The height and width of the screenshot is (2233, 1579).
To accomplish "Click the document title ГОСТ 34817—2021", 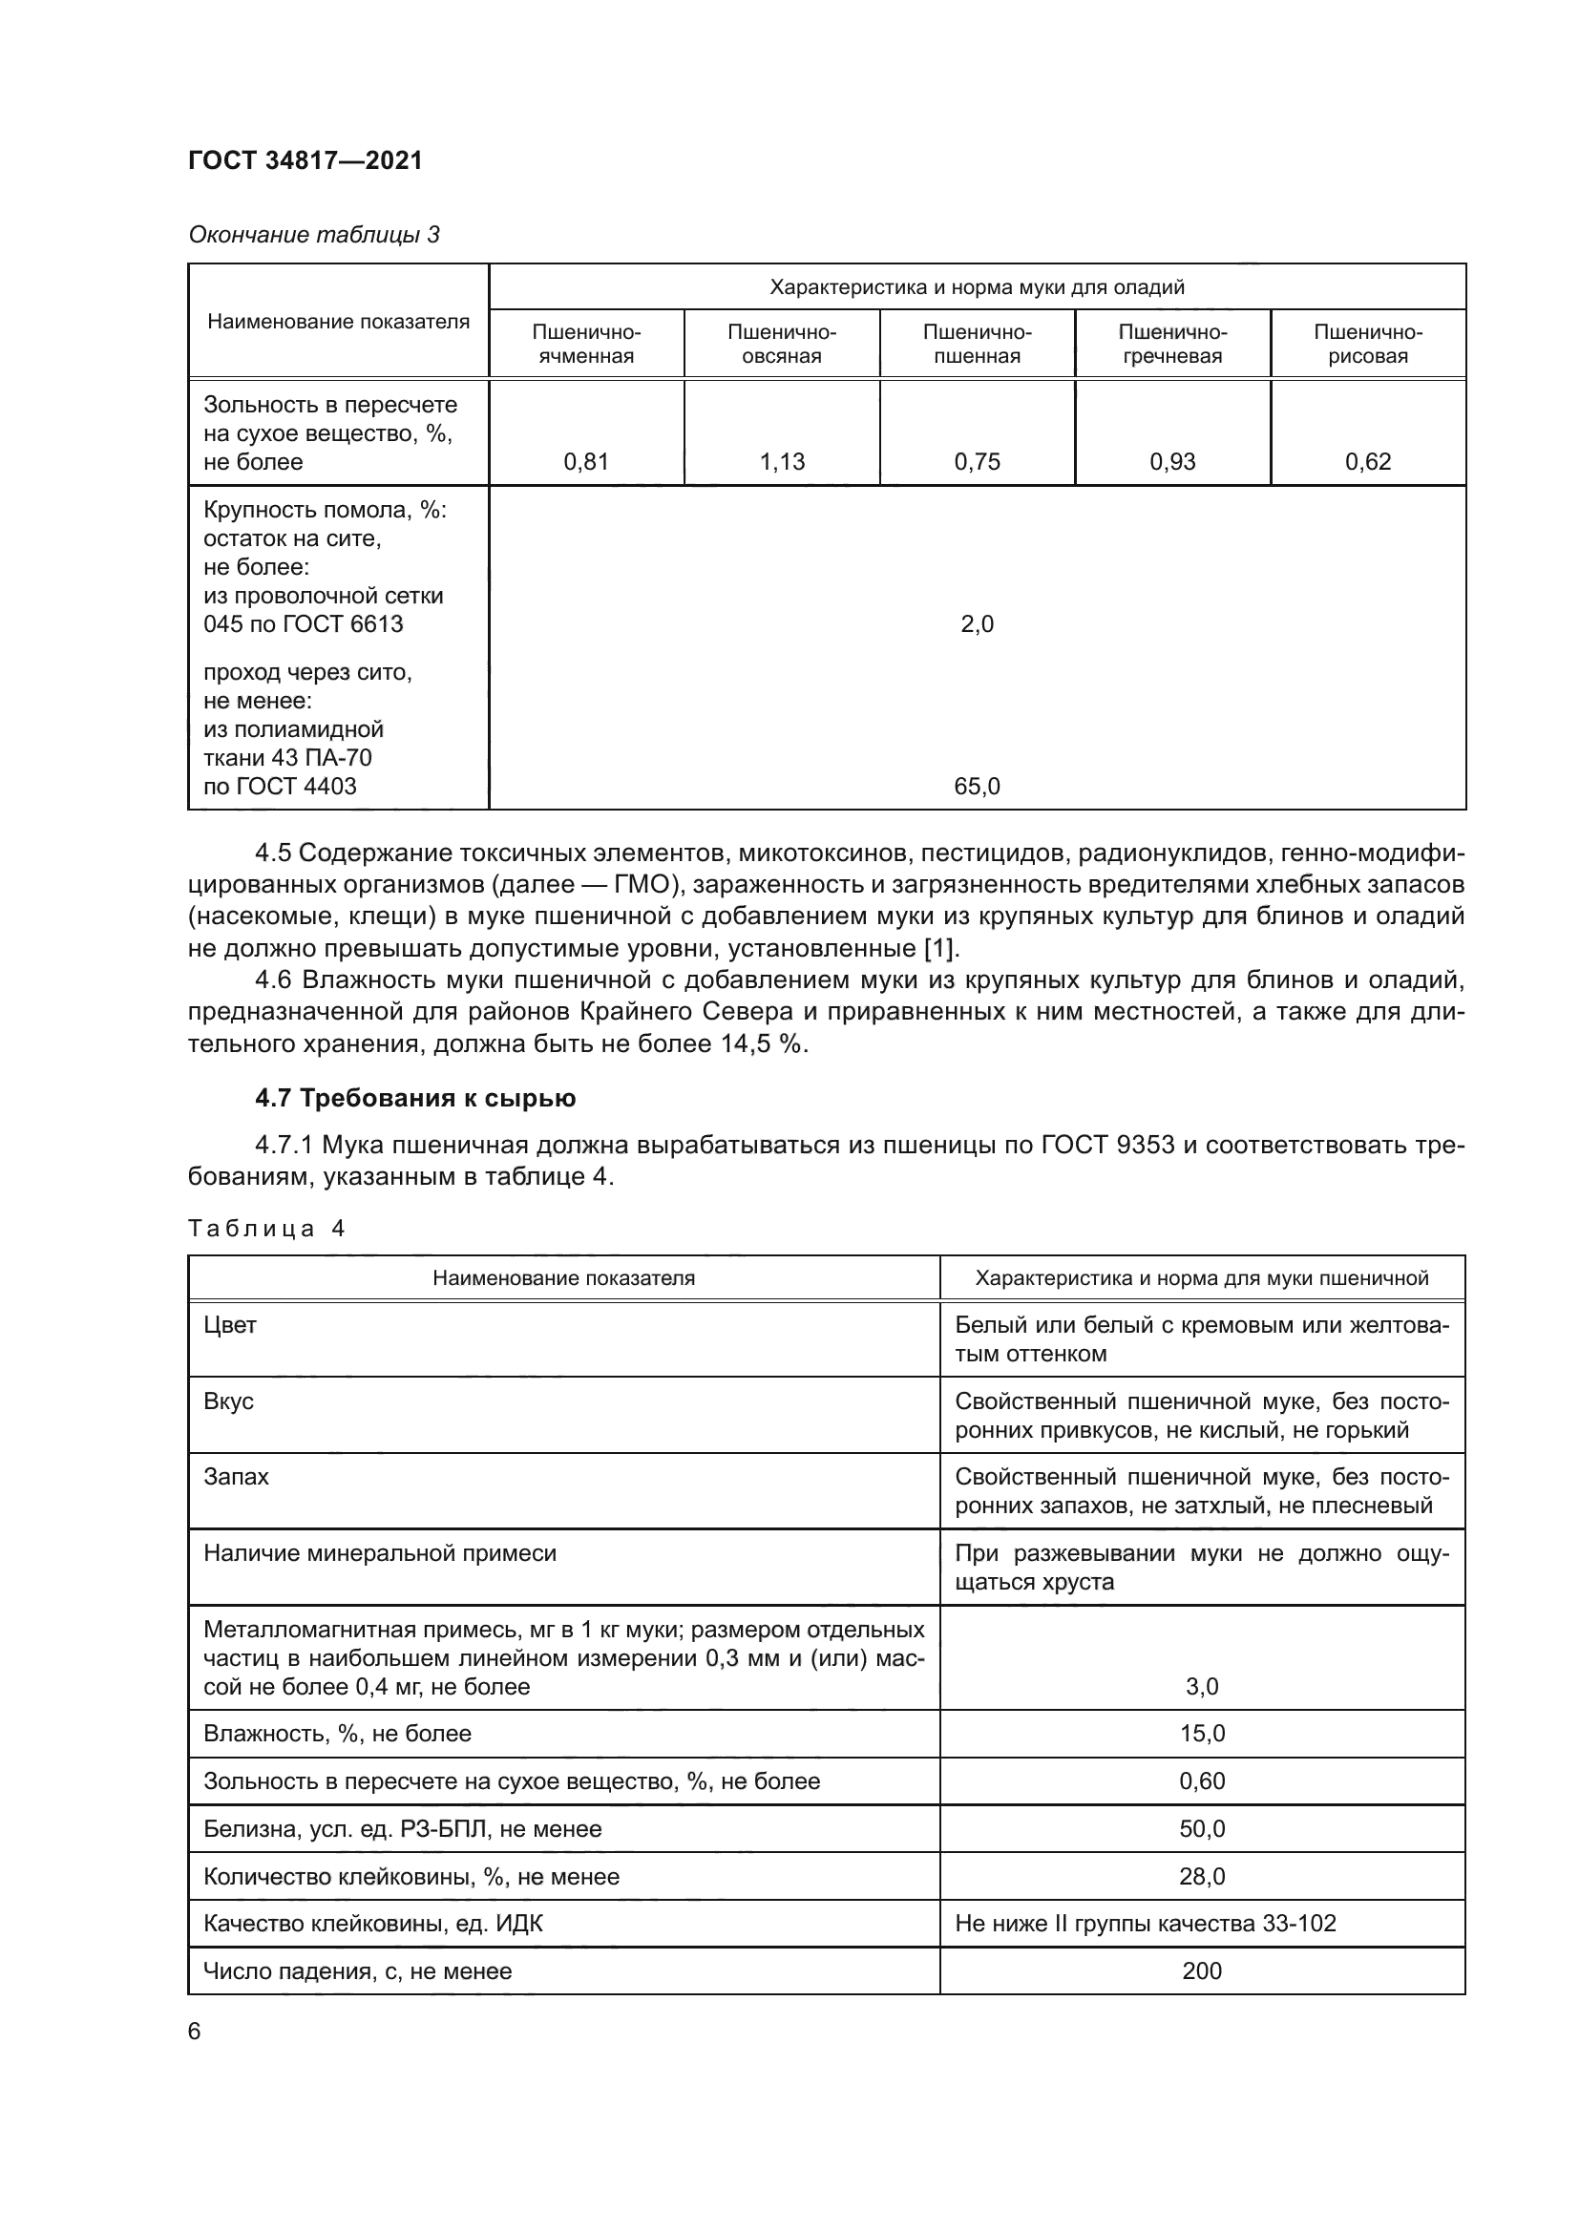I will pyautogui.click(x=305, y=160).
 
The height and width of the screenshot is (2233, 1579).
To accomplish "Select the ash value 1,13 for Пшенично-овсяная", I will pyautogui.click(x=782, y=462).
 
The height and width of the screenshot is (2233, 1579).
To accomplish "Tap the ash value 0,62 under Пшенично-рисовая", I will pyautogui.click(x=1367, y=462).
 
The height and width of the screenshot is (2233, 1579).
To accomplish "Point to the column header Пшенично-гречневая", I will pyautogui.click(x=1171, y=344).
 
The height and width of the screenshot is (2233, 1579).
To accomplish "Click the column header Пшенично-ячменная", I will pyautogui.click(x=585, y=344).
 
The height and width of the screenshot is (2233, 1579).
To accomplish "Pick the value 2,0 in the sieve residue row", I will pyautogui.click(x=977, y=624).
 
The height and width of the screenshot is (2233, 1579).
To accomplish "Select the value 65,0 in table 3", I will pyautogui.click(x=977, y=787).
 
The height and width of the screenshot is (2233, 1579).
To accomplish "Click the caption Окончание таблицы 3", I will pyautogui.click(x=313, y=235).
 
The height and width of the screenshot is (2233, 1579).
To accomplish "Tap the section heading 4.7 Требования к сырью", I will pyautogui.click(x=415, y=1098).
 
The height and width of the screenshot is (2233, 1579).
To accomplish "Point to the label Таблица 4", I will pyautogui.click(x=266, y=1229).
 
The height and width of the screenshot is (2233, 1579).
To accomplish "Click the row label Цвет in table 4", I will pyautogui.click(x=229, y=1325).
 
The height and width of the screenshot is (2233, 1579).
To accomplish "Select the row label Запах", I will pyautogui.click(x=235, y=1476).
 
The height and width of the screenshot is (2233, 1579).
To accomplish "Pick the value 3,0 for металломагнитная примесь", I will pyautogui.click(x=1202, y=1686).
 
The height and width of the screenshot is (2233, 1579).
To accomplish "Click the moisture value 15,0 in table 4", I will pyautogui.click(x=1202, y=1733).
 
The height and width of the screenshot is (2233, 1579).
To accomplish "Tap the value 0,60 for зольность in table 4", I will pyautogui.click(x=1202, y=1780).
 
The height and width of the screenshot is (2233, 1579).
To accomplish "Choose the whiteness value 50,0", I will pyautogui.click(x=1202, y=1828).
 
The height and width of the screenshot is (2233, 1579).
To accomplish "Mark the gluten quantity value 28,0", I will pyautogui.click(x=1202, y=1876).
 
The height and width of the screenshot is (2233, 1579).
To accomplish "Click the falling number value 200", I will pyautogui.click(x=1202, y=1970).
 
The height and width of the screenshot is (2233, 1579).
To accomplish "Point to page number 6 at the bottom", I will pyautogui.click(x=195, y=2031).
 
